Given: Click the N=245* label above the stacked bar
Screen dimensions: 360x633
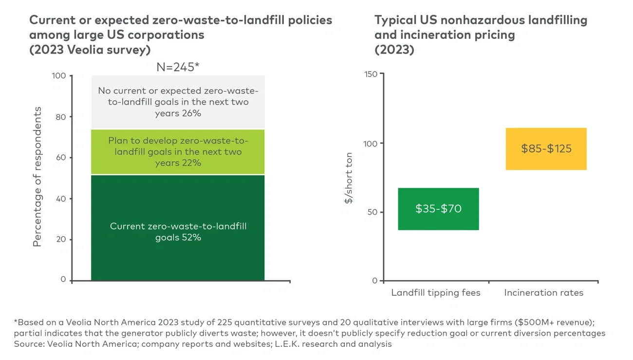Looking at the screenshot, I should pyautogui.click(x=178, y=67).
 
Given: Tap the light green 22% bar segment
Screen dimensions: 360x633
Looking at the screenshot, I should pyautogui.click(x=178, y=152).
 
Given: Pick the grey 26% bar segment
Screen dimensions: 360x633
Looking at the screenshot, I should pyautogui.click(x=178, y=102).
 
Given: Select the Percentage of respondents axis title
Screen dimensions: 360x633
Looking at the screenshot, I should pyautogui.click(x=37, y=176).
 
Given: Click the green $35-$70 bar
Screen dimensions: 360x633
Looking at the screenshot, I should pyautogui.click(x=438, y=209).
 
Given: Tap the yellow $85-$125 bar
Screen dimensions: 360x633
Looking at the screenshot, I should pyautogui.click(x=546, y=149).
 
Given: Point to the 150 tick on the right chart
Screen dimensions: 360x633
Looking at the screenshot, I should pyautogui.click(x=371, y=74).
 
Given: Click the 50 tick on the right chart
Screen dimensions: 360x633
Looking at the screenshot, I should pyautogui.click(x=372, y=212).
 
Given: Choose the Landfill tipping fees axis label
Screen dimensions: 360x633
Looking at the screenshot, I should pyautogui.click(x=436, y=293).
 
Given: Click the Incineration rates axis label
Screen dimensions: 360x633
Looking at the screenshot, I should pyautogui.click(x=543, y=293).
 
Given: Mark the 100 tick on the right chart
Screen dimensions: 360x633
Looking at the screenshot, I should pyautogui.click(x=371, y=143).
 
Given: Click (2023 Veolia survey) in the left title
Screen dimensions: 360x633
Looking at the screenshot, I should pyautogui.click(x=90, y=50).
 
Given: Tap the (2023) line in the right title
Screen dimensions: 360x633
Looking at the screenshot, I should pyautogui.click(x=394, y=50).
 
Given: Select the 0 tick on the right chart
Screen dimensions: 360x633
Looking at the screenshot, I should pyautogui.click(x=374, y=281).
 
